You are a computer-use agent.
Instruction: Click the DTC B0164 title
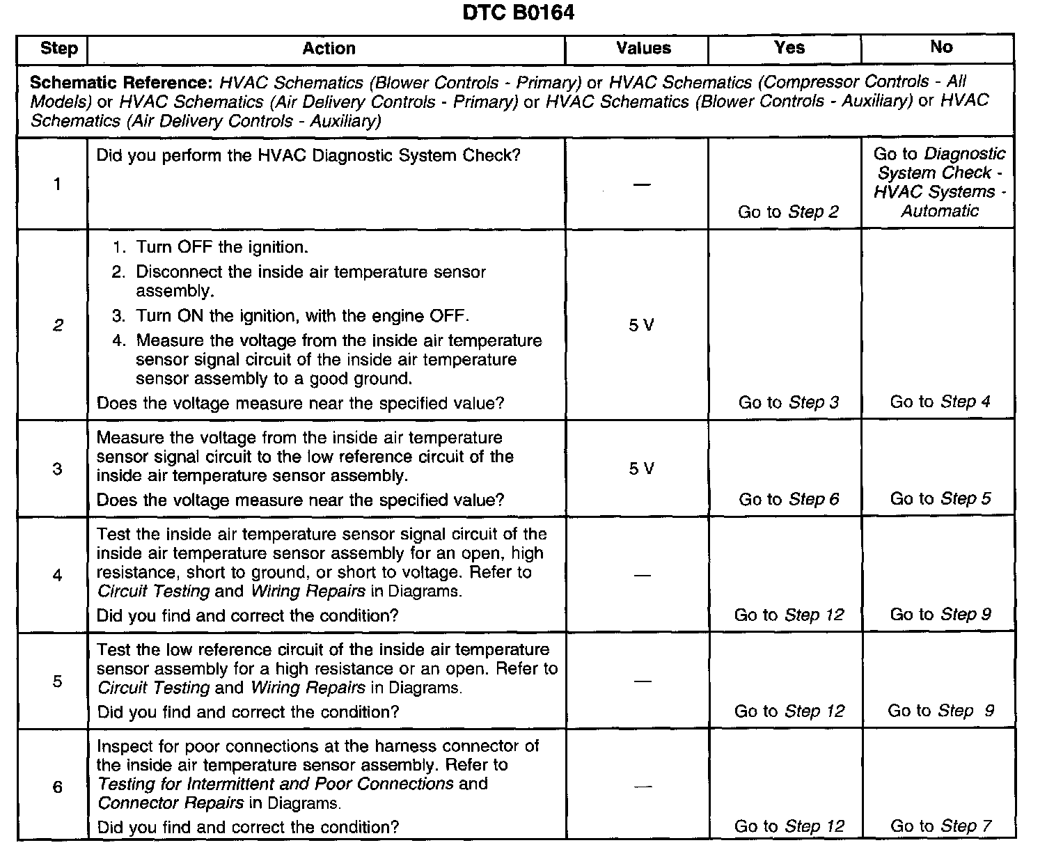[519, 13]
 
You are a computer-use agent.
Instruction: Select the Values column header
[643, 49]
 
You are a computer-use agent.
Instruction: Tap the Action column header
[329, 49]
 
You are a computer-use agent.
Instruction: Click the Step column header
[58, 49]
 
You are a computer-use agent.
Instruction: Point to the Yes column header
[789, 48]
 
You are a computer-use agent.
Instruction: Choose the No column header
[941, 47]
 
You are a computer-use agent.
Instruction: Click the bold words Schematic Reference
[119, 83]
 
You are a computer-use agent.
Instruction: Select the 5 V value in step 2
[641, 326]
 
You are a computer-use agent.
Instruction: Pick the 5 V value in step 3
[641, 469]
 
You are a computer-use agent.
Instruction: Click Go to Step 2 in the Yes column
[788, 212]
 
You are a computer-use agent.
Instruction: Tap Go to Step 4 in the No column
[940, 402]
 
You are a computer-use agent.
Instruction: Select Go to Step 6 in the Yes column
[789, 499]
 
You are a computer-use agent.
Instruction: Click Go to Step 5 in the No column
[940, 498]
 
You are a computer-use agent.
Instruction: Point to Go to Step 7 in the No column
[940, 826]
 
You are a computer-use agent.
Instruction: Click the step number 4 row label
[57, 576]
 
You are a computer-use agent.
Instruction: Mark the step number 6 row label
[57, 787]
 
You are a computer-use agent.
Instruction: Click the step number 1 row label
[57, 184]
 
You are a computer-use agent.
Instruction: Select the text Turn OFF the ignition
[221, 248]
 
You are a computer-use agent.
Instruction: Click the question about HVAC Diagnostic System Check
[308, 155]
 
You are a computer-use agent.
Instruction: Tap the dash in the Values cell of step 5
[642, 681]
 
